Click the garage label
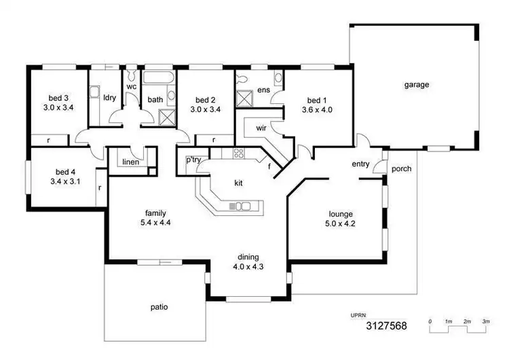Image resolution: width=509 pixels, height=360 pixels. [417, 85]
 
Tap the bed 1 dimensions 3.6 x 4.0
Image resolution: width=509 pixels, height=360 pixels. [316, 110]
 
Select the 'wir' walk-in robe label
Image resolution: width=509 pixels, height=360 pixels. [261, 128]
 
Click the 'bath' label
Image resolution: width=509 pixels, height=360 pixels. [155, 100]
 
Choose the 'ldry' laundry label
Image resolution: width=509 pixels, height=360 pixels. [109, 97]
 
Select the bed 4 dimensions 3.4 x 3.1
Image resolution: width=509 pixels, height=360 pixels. [66, 181]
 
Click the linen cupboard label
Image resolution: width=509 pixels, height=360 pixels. [130, 162]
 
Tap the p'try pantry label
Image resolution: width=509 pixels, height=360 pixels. [192, 161]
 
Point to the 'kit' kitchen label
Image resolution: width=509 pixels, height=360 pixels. [239, 183]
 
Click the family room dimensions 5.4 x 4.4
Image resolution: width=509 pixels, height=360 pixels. [155, 222]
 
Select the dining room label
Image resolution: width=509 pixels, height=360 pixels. [247, 257]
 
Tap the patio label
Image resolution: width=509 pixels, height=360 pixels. [158, 307]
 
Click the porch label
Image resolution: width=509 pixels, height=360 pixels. [401, 168]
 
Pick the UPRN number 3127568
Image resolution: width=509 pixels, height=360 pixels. [386, 326]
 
